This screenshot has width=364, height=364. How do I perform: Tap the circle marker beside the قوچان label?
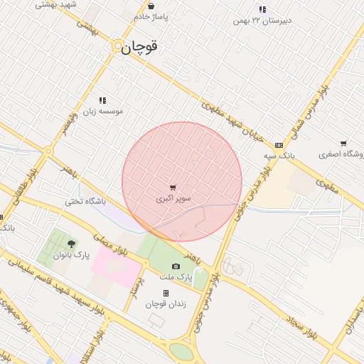pyautogui.click(x=119, y=46)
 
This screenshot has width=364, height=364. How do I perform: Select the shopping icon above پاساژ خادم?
pyautogui.click(x=151, y=5)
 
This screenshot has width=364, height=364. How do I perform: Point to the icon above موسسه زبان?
pyautogui.click(x=102, y=101)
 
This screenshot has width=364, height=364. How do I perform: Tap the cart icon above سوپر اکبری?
pyautogui.click(x=173, y=188)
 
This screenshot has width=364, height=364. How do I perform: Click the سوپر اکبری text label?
pyautogui.click(x=173, y=200)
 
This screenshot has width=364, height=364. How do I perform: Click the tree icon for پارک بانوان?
pyautogui.click(x=70, y=243)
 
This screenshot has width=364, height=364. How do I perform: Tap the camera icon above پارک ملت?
pyautogui.click(x=176, y=266)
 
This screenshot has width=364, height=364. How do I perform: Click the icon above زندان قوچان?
pyautogui.click(x=166, y=293)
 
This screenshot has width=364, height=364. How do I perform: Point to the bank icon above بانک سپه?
pyautogui.click(x=278, y=145)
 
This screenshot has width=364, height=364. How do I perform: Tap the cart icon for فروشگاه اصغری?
pyautogui.click(x=343, y=144)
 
